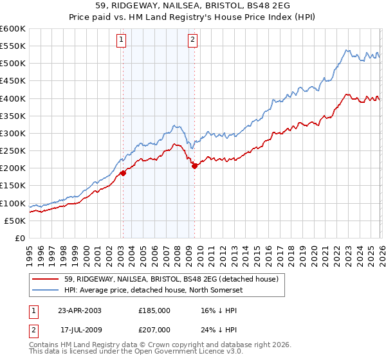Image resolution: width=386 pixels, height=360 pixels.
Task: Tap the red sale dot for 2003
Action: (123, 172)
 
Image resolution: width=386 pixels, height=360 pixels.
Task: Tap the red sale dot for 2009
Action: (194, 166)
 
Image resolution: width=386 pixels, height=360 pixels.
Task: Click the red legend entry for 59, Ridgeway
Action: (171, 279)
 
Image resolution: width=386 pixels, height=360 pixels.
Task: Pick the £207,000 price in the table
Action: (154, 329)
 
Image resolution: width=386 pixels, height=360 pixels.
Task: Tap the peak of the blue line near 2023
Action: (346, 50)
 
